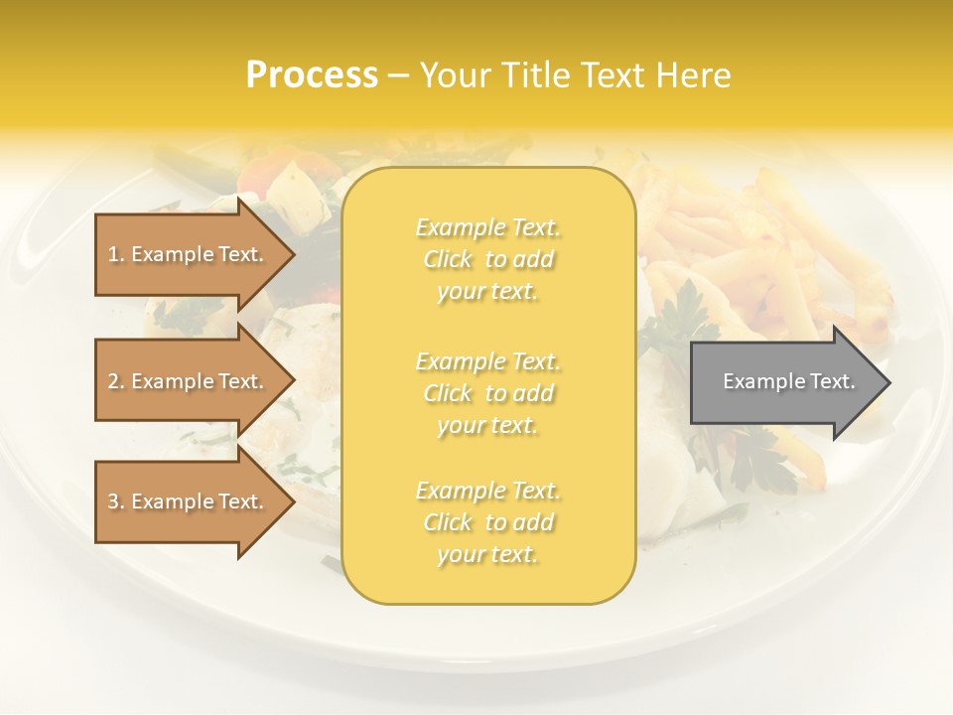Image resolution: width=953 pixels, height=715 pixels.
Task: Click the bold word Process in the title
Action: pos(312,74)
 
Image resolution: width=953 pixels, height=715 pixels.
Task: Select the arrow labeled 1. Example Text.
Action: pos(189,254)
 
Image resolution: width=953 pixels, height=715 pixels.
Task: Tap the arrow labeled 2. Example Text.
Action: pos(189,381)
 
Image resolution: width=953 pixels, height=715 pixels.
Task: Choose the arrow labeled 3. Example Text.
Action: pos(189,501)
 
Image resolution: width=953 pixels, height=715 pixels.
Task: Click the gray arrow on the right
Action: pos(784,381)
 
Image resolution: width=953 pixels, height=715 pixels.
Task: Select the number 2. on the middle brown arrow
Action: pos(116,381)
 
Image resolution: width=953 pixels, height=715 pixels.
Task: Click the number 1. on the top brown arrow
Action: pos(115,254)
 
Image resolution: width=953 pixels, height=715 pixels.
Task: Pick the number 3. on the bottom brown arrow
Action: pos(116,501)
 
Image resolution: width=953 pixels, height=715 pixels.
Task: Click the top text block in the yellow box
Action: pos(488,259)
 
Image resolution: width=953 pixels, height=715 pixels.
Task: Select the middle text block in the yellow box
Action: pos(488,393)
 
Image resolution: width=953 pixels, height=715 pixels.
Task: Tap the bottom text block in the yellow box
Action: pos(488,522)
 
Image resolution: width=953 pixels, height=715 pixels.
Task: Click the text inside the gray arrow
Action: pos(789,381)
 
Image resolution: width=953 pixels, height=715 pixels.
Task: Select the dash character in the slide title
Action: pos(399,75)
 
